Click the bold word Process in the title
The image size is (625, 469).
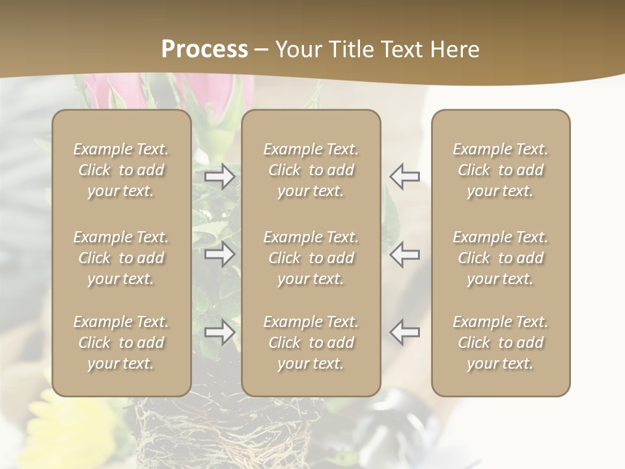(204, 50)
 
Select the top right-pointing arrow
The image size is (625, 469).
(219, 177)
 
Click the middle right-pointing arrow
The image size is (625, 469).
(219, 254)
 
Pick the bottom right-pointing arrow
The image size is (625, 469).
(219, 332)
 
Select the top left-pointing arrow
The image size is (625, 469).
(404, 177)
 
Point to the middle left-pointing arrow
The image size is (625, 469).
(404, 254)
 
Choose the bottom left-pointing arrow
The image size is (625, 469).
(404, 332)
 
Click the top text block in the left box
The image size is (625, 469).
(121, 170)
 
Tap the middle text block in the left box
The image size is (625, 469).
(121, 258)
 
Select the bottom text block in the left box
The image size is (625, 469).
(121, 343)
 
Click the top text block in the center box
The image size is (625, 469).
(311, 170)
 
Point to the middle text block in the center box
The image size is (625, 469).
(311, 258)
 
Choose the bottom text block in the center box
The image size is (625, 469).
(311, 343)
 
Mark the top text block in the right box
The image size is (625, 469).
(501, 170)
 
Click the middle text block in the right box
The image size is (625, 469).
(501, 258)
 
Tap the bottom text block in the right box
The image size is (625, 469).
(501, 343)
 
